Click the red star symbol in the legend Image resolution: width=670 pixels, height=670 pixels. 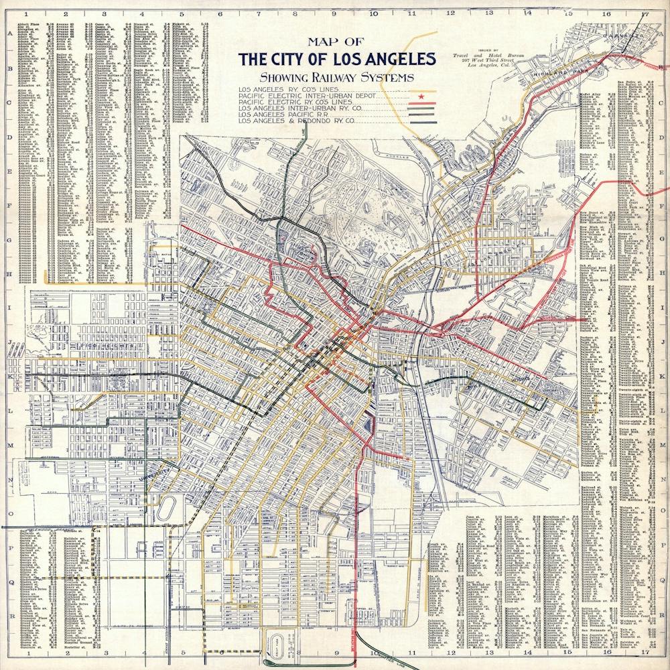(421, 97)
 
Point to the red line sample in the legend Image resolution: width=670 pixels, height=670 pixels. (422, 105)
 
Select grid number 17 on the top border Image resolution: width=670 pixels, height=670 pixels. (644, 13)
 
